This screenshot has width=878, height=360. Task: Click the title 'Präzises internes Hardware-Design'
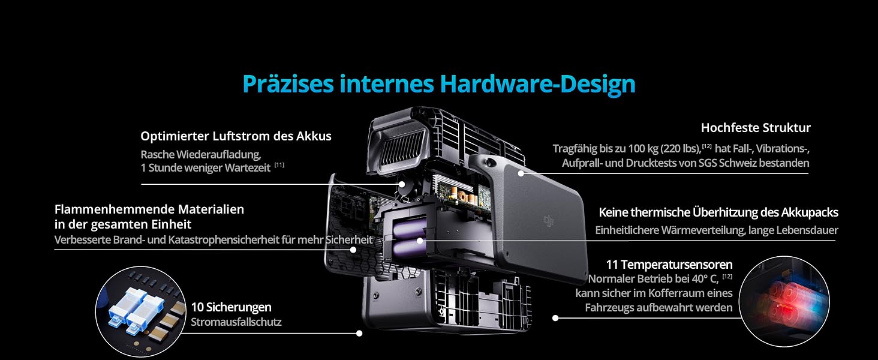pos(439,85)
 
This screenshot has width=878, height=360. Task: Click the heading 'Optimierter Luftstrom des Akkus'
pos(236,136)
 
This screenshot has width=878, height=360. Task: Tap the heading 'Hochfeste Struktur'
pos(756,128)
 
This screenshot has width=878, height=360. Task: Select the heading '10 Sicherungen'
pos(231,307)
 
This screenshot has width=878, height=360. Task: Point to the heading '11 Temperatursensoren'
pos(669,265)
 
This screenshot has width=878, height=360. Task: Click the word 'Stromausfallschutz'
pos(236,322)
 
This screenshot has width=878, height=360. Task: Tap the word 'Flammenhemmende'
pos(115,209)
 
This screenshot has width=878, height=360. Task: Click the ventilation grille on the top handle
pos(402,151)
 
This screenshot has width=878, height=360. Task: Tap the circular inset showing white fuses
pos(141,311)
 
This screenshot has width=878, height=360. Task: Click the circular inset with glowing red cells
pos(784,301)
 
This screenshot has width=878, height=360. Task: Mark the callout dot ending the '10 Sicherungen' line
pos(359,334)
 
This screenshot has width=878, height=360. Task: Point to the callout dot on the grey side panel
pos(521,173)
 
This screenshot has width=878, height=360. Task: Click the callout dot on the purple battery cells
pos(420,241)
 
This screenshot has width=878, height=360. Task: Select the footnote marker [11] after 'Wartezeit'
pos(279,165)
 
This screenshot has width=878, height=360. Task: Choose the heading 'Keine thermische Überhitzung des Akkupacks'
pos(718,212)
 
